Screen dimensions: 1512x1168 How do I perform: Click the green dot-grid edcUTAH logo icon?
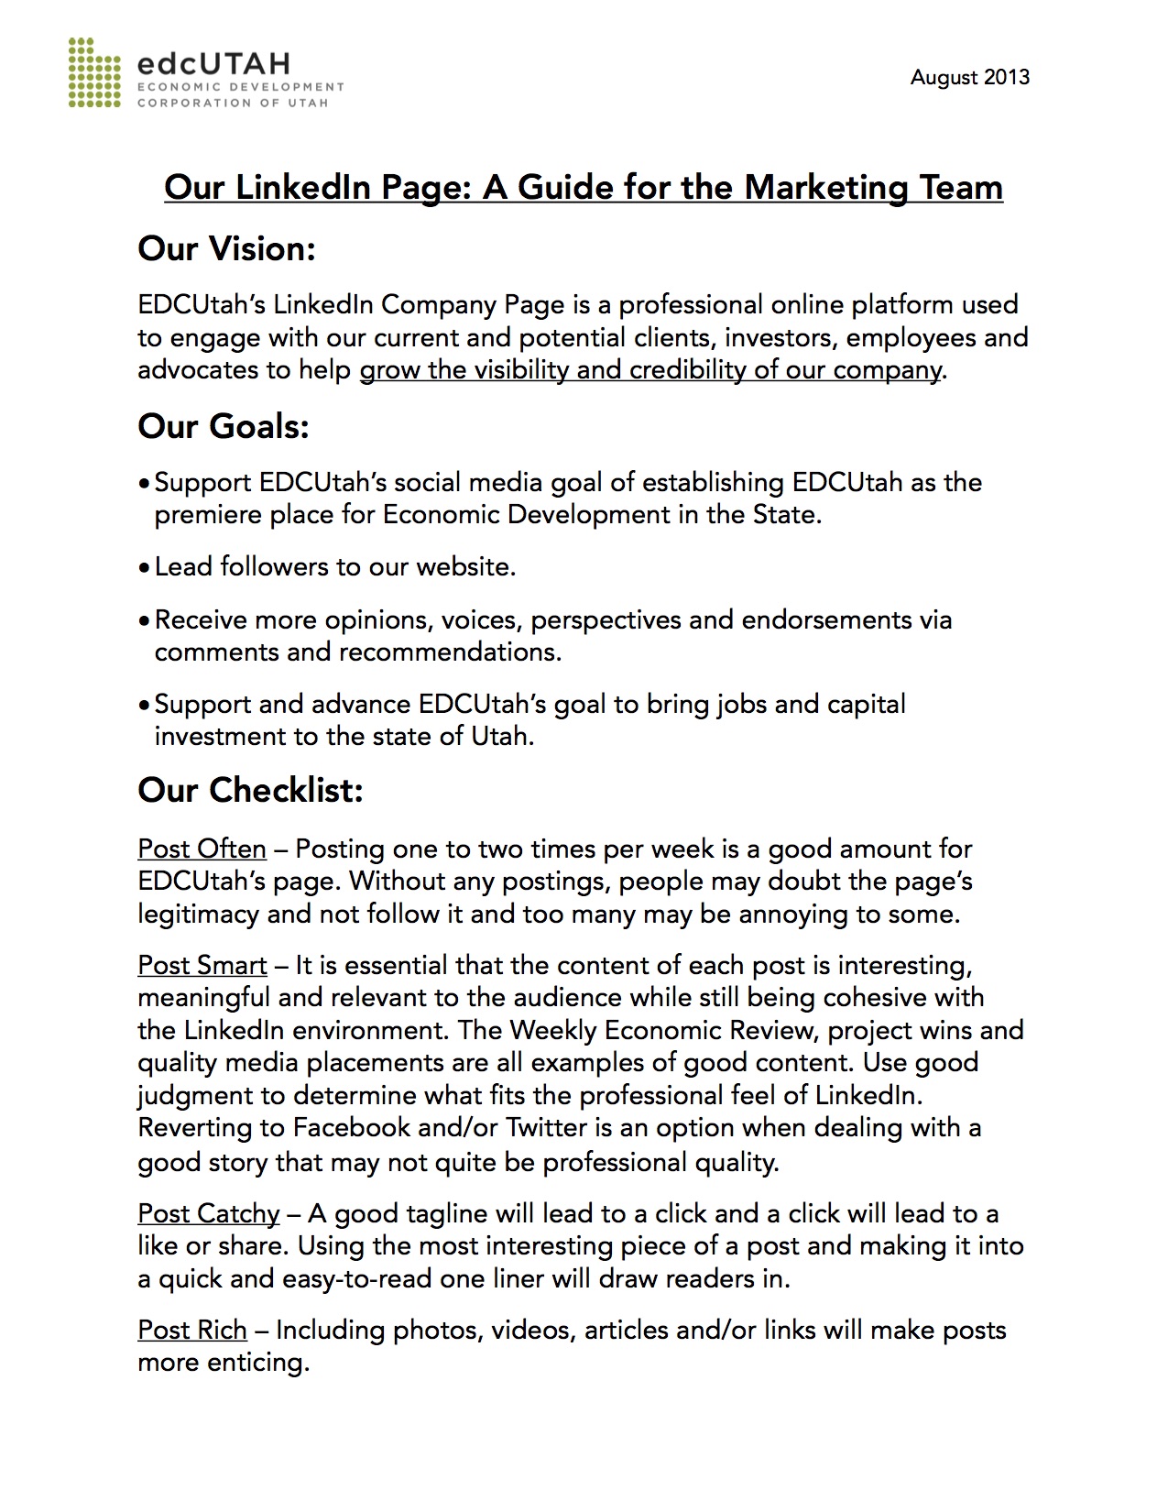[x=94, y=72]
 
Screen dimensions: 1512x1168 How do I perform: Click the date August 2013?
[x=969, y=77]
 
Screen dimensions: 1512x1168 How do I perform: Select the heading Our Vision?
[x=226, y=248]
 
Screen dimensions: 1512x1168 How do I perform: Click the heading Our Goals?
[x=224, y=426]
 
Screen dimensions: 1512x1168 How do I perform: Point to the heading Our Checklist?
[x=250, y=790]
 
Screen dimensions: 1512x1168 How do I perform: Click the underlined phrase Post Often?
[x=202, y=849]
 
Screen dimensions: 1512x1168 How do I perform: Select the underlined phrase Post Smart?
[x=202, y=965]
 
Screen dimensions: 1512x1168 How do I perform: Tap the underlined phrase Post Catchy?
[x=208, y=1213]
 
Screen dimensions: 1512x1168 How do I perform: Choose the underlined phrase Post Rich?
[x=192, y=1330]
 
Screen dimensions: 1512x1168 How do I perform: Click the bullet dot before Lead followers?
[x=144, y=568]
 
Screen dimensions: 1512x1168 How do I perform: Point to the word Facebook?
[x=351, y=1127]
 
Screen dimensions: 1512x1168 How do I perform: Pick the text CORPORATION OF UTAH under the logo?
[x=232, y=103]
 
